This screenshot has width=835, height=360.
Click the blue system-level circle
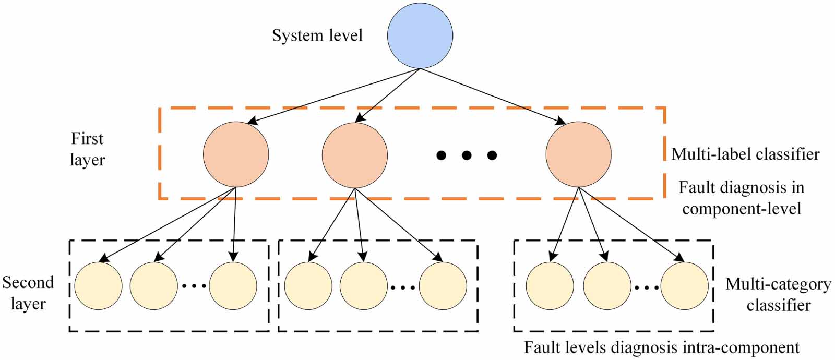[x=420, y=35]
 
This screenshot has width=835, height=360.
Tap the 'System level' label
[x=317, y=35]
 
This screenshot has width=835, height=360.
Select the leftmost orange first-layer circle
[x=236, y=154]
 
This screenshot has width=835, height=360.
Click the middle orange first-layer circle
[x=355, y=154]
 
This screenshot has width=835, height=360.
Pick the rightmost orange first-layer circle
[x=578, y=154]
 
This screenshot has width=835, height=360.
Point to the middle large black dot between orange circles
[x=467, y=155]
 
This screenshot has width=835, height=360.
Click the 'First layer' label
[x=87, y=149]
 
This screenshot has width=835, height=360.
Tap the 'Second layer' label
[x=28, y=293]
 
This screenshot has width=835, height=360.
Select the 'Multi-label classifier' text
[x=745, y=154]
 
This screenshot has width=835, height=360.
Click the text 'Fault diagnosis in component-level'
[x=741, y=198]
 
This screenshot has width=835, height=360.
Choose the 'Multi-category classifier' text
[x=778, y=294]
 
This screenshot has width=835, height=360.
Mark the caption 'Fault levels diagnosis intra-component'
[x=662, y=347]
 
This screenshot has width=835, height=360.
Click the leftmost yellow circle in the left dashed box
[x=98, y=286]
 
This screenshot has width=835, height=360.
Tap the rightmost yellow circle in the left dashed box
[x=233, y=286]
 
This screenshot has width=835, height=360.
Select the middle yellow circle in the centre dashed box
[x=363, y=286]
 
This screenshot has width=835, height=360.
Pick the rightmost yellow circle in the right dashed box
[x=684, y=286]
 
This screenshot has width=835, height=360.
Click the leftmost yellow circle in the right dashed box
[x=550, y=286]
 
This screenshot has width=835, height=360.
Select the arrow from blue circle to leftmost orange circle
[x=334, y=97]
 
